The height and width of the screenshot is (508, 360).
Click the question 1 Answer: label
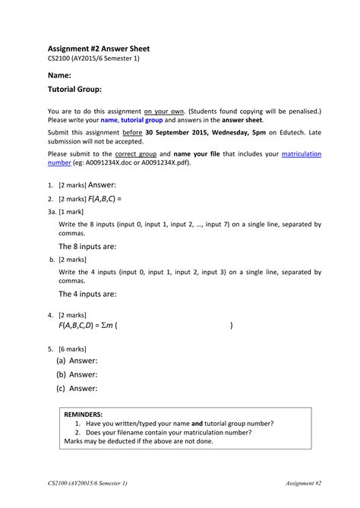click(103, 185)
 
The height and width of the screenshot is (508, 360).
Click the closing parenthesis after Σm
click(231, 325)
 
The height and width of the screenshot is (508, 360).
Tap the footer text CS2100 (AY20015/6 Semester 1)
click(87, 484)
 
